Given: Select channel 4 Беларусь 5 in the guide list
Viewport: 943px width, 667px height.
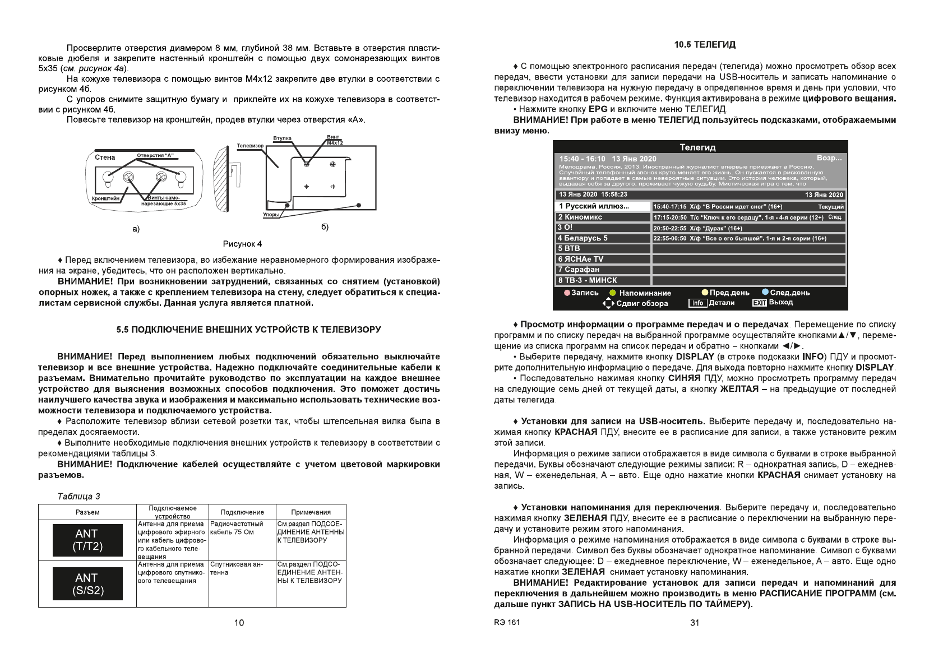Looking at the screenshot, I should pyautogui.click(x=603, y=238).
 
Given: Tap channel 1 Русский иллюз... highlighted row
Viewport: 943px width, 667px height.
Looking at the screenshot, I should pyautogui.click(x=603, y=206).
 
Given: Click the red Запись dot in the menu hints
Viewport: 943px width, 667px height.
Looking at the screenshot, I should pyautogui.click(x=567, y=293).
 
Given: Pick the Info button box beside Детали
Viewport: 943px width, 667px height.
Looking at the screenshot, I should pyautogui.click(x=697, y=303).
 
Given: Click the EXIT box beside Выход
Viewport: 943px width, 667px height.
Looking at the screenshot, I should pyautogui.click(x=759, y=303).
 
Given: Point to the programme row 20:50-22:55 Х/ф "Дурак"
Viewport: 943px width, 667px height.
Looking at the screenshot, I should pyautogui.click(x=748, y=228).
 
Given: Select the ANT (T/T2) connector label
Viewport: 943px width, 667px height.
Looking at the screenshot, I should pyautogui.click(x=87, y=540).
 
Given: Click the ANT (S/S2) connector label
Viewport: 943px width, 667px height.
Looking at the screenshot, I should pyautogui.click(x=87, y=584).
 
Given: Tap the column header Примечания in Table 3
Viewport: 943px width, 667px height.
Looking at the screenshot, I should pyautogui.click(x=311, y=512).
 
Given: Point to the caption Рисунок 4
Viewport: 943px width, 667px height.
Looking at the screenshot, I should pyautogui.click(x=242, y=244).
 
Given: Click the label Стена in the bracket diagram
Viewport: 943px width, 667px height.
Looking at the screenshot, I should pyautogui.click(x=105, y=158).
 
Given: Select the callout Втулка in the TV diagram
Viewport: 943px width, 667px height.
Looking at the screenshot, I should pyautogui.click(x=282, y=138).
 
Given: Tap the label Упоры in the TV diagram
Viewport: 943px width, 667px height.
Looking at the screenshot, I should pyautogui.click(x=271, y=215).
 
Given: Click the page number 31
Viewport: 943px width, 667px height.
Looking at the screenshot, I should pyautogui.click(x=694, y=623).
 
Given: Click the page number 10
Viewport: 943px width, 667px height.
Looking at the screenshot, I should pyautogui.click(x=239, y=623).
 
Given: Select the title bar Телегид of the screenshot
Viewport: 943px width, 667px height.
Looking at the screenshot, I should pyautogui.click(x=697, y=147).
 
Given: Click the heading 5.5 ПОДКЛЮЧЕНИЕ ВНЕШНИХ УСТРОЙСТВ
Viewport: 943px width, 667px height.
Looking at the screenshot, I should pyautogui.click(x=248, y=330).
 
